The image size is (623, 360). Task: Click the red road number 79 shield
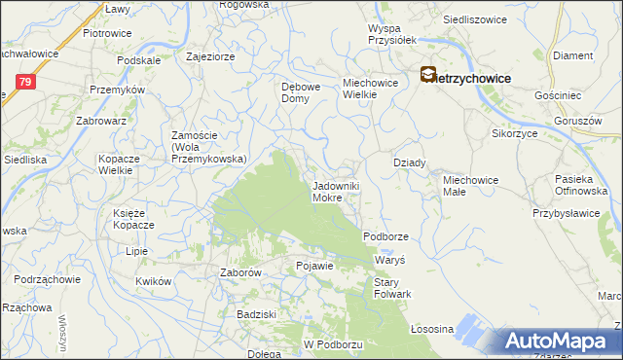25,84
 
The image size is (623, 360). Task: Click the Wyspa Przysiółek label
392,34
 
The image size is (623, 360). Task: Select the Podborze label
386,236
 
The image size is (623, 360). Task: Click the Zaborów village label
240,273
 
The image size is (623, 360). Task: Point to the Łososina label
433,329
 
